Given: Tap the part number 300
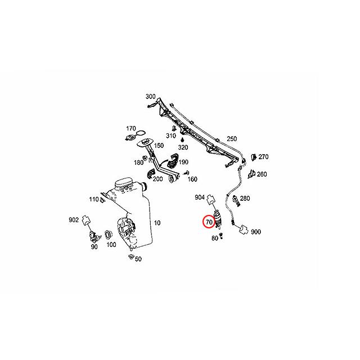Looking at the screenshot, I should point(150,97).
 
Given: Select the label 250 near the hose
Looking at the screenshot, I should point(232,139).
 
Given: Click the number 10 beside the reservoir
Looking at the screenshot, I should point(157,223).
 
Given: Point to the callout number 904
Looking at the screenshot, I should point(200,197).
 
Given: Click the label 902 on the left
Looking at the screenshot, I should point(74,220).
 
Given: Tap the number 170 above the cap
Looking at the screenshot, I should point(131,128).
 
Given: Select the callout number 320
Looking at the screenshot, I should point(183,147).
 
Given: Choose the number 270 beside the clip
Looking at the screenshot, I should point(263,157).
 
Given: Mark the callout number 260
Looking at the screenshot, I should point(262,174).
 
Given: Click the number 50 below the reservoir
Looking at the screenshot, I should point(138,259).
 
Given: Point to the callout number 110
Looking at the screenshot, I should point(93,200).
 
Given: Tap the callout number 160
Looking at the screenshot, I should point(192,179).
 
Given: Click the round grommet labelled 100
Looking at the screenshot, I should point(108,233).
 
